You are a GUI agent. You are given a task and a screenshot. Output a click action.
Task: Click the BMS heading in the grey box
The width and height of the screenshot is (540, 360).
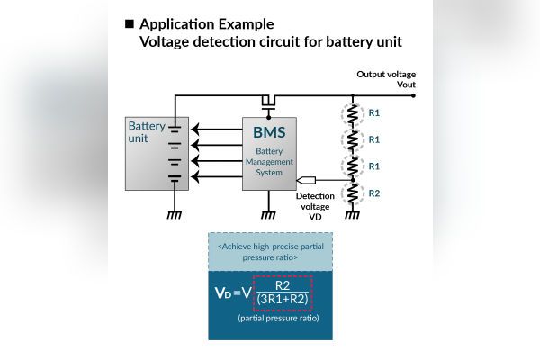point(269,132)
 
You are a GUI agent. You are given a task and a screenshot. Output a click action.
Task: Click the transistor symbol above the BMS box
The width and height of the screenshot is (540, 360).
point(268,100)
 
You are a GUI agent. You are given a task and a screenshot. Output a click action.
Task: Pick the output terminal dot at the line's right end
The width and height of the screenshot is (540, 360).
point(413,94)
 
